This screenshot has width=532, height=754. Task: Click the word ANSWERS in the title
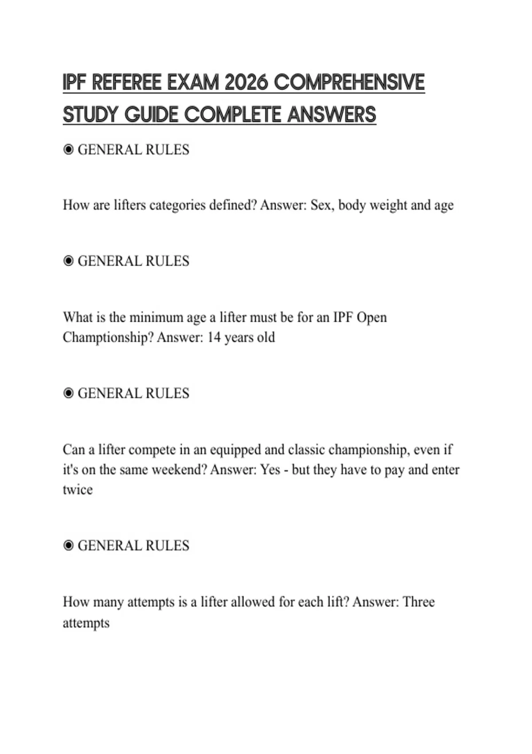(332, 115)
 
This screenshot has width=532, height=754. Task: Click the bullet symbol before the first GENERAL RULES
(68, 150)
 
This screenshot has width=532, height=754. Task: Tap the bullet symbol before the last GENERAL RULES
(68, 546)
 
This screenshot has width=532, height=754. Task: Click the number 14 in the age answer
(214, 338)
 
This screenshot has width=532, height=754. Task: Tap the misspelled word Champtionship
(108, 338)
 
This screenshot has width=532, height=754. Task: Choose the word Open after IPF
(372, 318)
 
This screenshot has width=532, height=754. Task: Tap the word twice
(78, 490)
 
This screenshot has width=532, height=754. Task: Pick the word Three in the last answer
(419, 602)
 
